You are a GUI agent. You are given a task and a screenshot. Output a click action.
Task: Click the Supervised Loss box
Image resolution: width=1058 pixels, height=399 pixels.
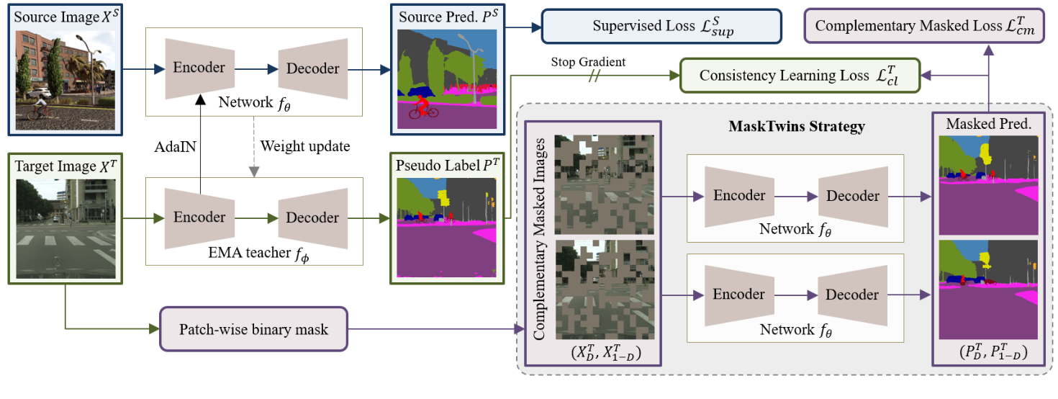pos(660,27)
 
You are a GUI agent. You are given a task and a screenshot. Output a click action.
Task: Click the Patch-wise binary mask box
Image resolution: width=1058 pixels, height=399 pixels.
pos(253,329)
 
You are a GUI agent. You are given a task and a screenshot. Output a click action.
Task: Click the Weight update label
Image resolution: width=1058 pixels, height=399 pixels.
pos(304,146)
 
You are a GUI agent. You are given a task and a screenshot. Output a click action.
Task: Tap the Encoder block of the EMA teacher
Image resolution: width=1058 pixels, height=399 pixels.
pos(199,218)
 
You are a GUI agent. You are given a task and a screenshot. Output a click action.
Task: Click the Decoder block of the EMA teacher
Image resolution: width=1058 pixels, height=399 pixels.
pos(312,218)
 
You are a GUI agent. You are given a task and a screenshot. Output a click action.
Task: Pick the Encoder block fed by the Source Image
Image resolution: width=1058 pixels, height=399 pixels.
pos(199,68)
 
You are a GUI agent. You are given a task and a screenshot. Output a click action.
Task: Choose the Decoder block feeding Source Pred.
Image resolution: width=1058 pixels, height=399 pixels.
pos(312,68)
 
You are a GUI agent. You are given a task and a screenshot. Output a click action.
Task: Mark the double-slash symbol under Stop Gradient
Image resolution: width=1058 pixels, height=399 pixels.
pos(594,76)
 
